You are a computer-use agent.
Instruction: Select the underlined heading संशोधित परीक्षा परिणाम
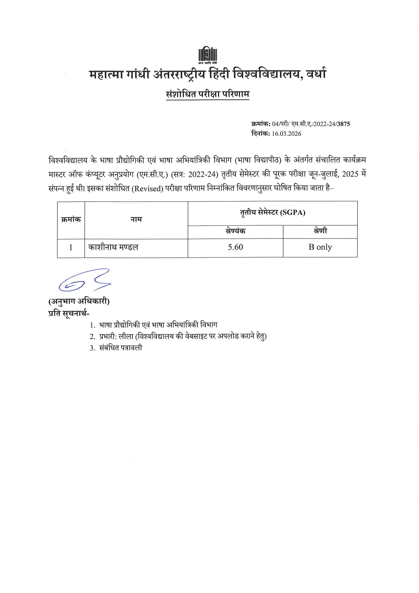coord(208,95)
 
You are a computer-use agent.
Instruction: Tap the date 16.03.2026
coord(287,134)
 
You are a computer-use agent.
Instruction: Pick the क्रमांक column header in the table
coord(71,220)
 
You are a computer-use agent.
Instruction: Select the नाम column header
coord(136,220)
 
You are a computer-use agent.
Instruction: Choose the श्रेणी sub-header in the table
coord(320,231)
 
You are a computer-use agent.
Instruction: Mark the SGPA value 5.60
coord(235,248)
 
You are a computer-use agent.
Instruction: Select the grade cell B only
coord(320,248)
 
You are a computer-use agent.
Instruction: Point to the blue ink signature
coord(84,280)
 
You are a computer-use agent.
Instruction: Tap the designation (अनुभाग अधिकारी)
coord(79,301)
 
